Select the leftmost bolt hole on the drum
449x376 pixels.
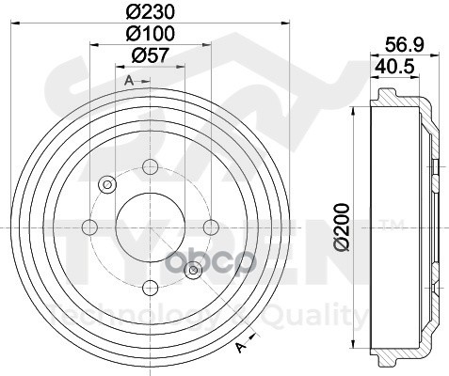pos(89,226)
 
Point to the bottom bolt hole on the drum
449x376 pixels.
pos(149,286)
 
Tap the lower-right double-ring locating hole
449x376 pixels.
pos(193,271)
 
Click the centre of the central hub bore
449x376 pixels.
pos(149,227)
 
